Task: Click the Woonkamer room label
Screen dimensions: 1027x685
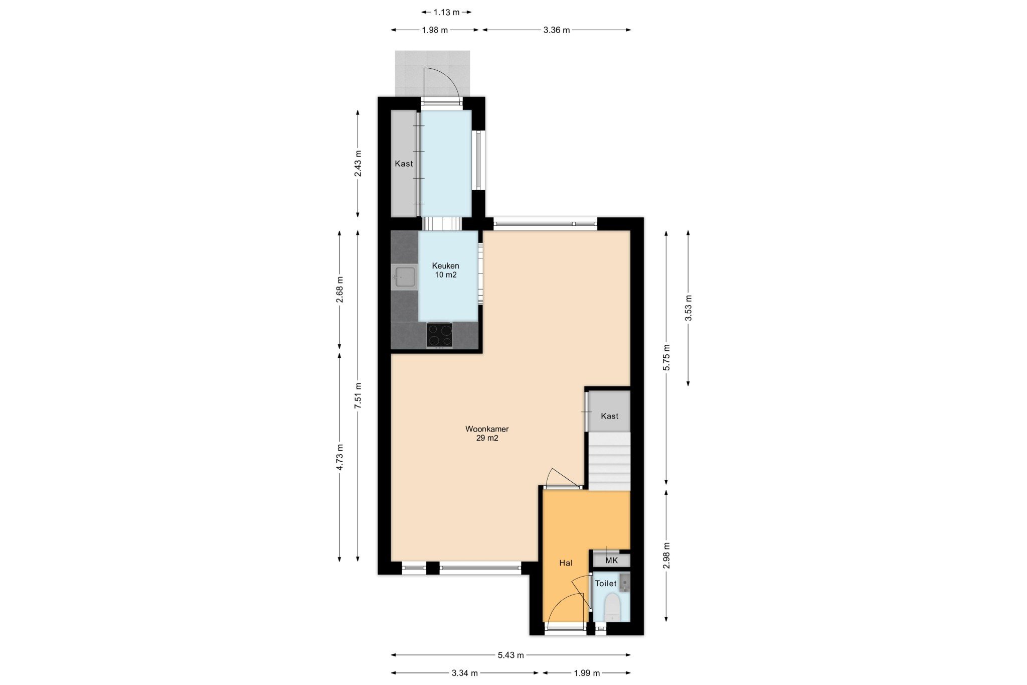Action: click(x=487, y=429)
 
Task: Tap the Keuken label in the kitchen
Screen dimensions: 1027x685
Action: click(x=445, y=266)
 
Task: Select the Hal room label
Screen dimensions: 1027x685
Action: click(x=566, y=563)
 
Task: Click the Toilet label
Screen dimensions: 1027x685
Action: click(x=605, y=584)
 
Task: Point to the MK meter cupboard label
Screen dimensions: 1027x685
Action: click(x=612, y=561)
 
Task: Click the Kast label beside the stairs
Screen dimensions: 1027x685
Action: click(x=609, y=416)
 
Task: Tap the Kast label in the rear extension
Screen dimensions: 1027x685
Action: click(x=404, y=164)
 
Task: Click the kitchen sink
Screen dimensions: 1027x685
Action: click(x=405, y=278)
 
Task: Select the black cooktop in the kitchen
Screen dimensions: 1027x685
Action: click(x=439, y=335)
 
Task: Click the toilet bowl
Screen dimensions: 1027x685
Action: click(x=612, y=607)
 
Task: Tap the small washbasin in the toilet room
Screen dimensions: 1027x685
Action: click(x=624, y=582)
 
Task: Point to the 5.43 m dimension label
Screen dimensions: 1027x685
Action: click(x=511, y=655)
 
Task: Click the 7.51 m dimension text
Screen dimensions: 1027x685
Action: click(x=358, y=396)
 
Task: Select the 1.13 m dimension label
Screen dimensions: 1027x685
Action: click(x=447, y=12)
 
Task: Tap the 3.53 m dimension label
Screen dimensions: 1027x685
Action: click(x=688, y=308)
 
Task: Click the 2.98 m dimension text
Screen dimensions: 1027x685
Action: click(x=666, y=556)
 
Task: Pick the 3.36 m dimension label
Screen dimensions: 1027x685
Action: click(x=557, y=30)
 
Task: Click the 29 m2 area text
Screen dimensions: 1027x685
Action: click(x=487, y=438)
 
